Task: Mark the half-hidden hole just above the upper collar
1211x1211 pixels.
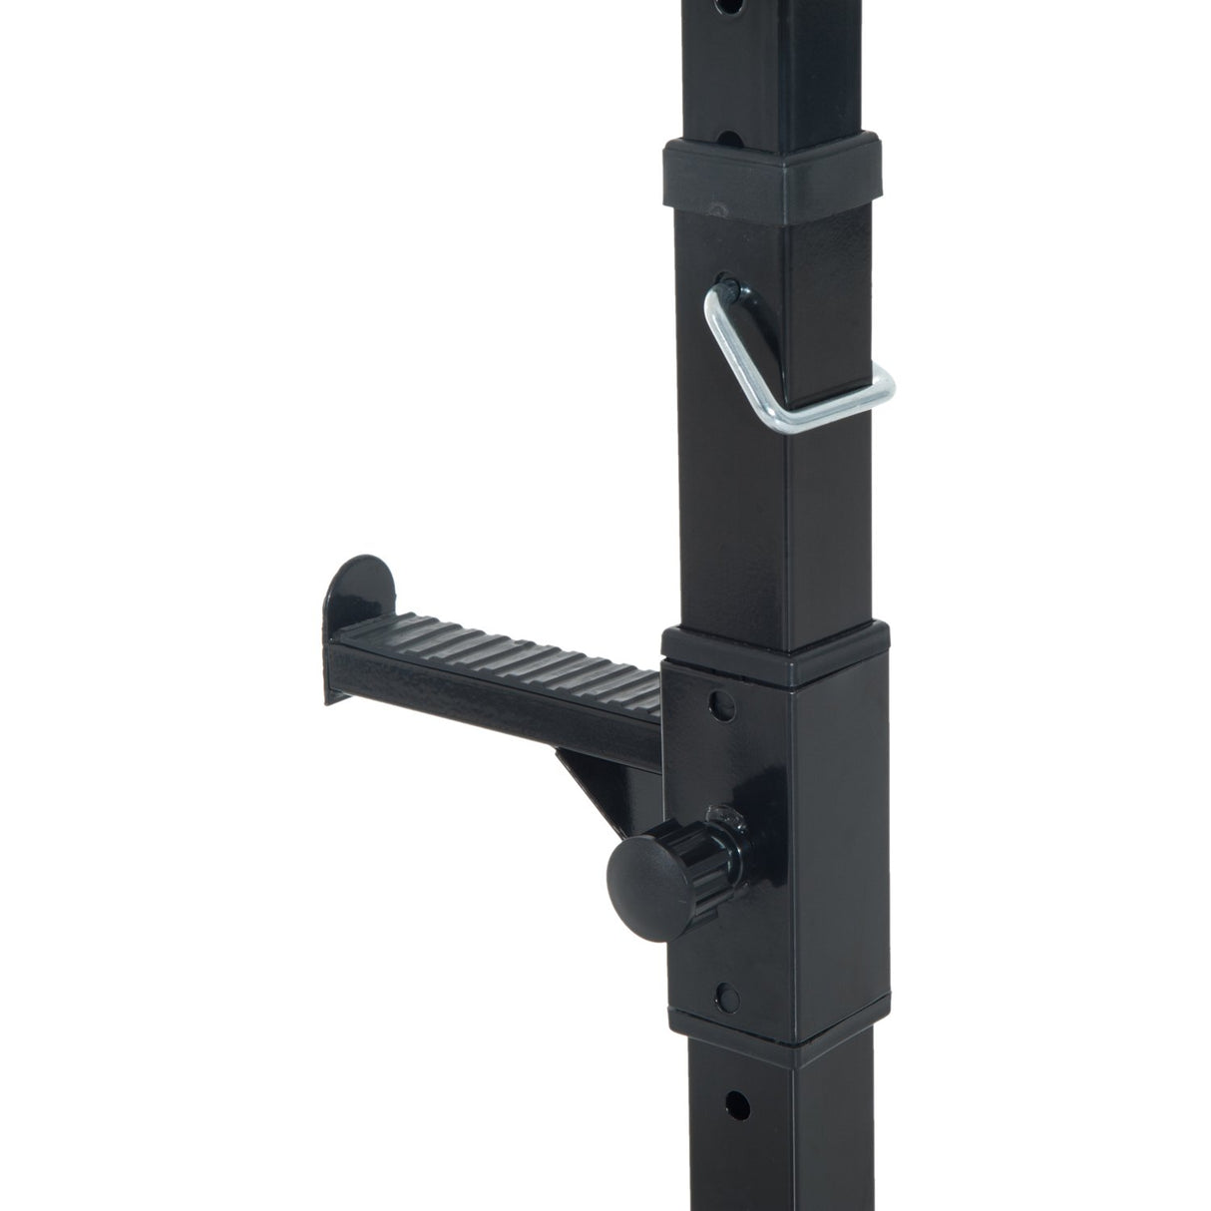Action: (735, 137)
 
